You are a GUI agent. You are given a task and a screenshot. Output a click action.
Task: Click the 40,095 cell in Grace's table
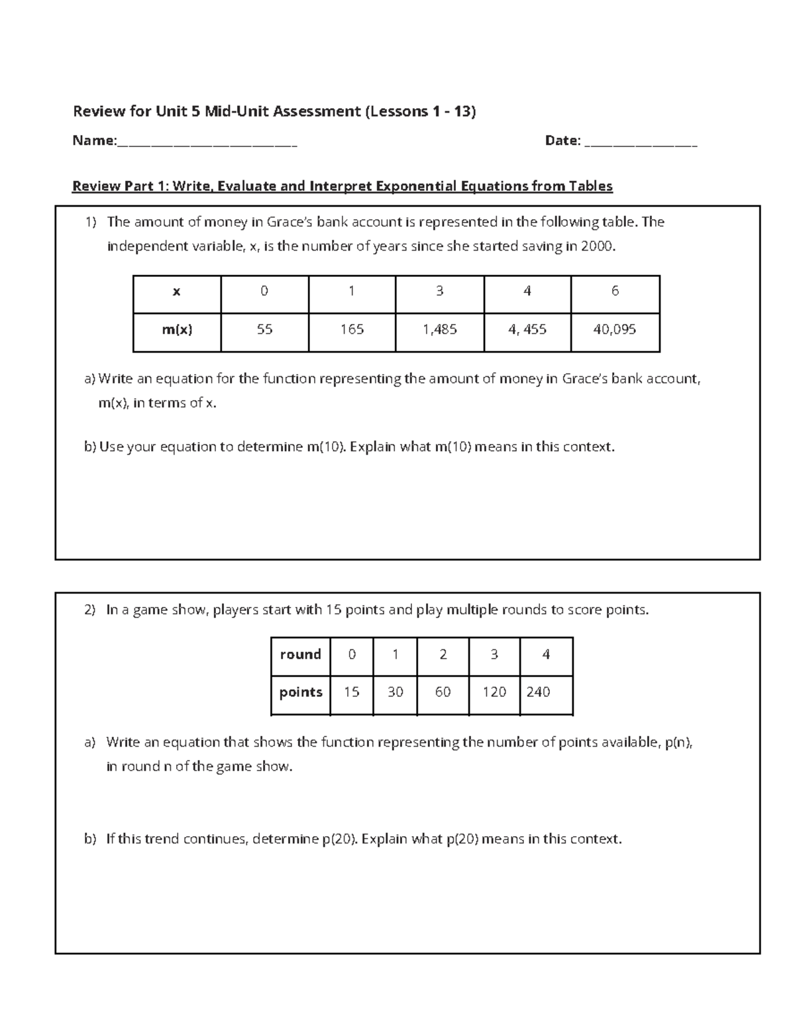coord(614,329)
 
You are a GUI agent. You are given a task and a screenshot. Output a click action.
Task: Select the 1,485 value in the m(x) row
coord(439,329)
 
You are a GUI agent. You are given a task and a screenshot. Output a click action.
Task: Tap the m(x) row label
coord(177,329)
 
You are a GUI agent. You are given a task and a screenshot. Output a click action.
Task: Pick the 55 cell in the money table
coord(264,329)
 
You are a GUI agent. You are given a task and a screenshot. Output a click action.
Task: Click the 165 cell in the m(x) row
coord(352,329)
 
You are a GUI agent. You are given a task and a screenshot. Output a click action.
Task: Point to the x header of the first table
coord(177,291)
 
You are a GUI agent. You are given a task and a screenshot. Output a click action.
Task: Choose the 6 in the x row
coord(615,291)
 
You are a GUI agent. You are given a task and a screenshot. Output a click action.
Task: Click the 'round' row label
coord(300,655)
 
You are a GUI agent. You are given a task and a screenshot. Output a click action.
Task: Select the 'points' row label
coord(301,692)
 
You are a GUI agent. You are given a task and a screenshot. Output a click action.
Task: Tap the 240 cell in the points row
coord(538,692)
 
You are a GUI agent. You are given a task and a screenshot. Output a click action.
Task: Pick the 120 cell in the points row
coord(494,692)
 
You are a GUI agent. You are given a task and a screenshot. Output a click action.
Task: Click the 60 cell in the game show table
coord(443,692)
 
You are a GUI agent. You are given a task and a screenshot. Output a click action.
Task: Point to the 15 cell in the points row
coord(351,692)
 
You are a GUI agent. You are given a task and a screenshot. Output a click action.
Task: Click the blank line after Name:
coord(207,142)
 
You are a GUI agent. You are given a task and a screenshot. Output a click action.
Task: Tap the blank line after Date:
coord(641,142)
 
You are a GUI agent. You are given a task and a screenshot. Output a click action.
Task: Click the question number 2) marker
coord(90,610)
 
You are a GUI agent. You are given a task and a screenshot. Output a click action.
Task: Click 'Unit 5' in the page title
coord(177,111)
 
